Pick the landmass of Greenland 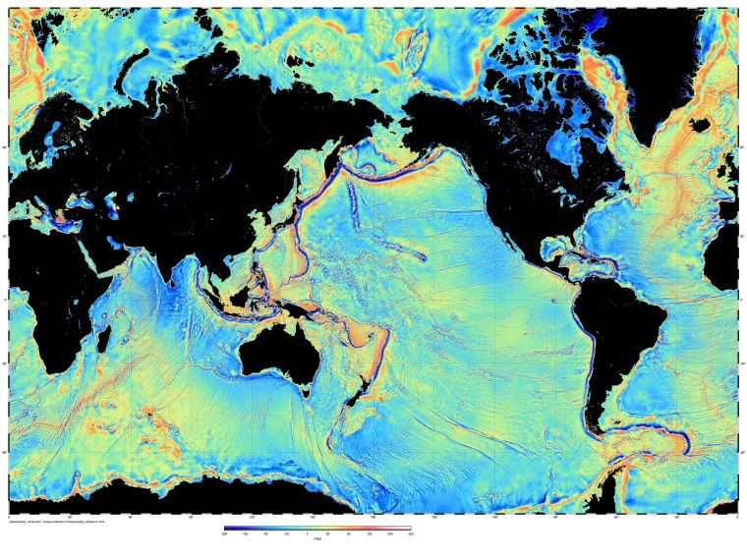[654, 59]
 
